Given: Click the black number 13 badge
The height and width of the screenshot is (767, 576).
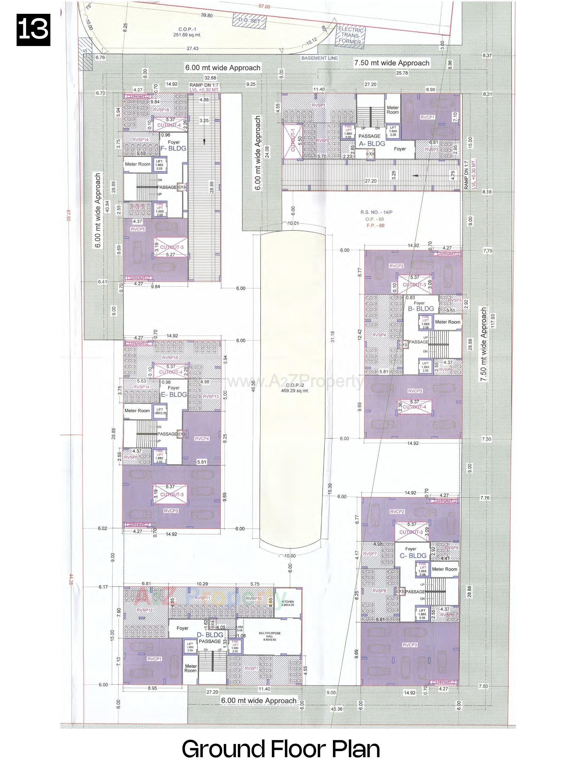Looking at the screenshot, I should coord(33,30).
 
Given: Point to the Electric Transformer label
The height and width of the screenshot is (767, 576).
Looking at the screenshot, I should coord(351,36).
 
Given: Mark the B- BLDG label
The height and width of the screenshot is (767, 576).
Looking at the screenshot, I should coord(421,308).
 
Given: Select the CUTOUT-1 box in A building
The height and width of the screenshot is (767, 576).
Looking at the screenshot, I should coord(293,140).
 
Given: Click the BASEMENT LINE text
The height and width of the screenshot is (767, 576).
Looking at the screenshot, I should coord(319,58).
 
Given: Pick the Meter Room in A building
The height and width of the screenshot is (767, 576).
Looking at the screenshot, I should coord(393,110).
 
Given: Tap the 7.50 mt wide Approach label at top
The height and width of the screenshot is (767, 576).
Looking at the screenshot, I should coord(391,63).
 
